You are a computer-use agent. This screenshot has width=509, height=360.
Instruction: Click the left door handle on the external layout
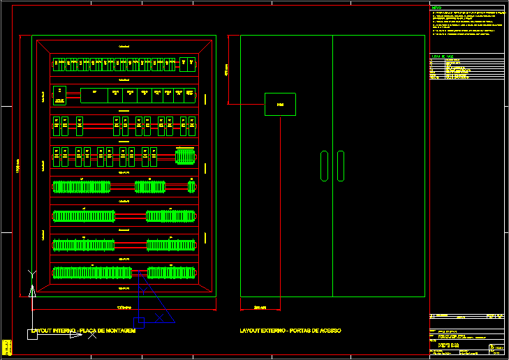tap(323, 165)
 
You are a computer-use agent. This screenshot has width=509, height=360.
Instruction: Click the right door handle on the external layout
tap(340, 165)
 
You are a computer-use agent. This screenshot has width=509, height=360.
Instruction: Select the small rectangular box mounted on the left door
tap(280, 104)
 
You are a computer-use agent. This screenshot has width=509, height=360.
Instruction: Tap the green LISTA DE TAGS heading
tap(443, 56)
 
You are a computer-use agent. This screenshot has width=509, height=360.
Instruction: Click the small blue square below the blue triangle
tap(139, 322)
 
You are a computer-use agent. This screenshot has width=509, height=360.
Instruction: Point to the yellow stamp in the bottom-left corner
tap(6, 347)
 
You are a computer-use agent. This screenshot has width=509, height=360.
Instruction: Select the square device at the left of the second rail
tap(60, 94)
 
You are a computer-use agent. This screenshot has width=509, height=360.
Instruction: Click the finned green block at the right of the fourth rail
tap(185, 158)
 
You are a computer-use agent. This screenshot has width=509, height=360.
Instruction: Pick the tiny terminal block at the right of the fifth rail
tap(191, 186)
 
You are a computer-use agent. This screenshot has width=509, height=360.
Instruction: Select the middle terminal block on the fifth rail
tap(149, 186)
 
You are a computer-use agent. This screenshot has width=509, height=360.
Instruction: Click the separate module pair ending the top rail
tap(186, 63)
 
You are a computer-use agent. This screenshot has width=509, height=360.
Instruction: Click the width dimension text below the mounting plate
tap(124, 307)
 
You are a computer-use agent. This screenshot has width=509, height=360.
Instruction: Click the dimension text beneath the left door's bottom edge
tap(260, 307)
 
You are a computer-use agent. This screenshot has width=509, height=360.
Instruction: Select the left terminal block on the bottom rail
tap(92, 273)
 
